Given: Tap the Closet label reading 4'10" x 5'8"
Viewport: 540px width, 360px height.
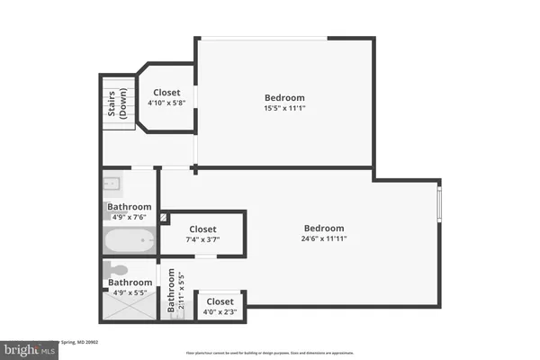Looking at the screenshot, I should [166, 97].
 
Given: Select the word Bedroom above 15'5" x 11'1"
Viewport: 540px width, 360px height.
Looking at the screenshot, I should [284, 97].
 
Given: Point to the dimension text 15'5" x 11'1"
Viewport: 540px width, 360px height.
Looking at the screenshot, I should [284, 110].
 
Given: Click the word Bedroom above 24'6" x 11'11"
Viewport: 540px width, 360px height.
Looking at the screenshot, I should [323, 228].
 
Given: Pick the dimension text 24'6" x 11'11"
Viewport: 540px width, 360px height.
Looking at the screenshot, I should [323, 239].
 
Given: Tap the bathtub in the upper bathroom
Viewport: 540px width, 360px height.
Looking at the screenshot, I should [130, 241].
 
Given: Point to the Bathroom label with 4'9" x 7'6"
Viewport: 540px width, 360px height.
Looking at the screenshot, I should [130, 206].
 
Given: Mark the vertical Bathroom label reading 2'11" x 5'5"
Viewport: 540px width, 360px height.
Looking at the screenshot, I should [175, 293].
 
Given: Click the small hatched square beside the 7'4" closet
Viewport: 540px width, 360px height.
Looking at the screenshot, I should [163, 218].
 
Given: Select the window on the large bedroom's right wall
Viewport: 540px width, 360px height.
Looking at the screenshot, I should [439, 203].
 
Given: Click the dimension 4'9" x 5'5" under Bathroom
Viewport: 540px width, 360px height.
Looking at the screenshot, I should [130, 292].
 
